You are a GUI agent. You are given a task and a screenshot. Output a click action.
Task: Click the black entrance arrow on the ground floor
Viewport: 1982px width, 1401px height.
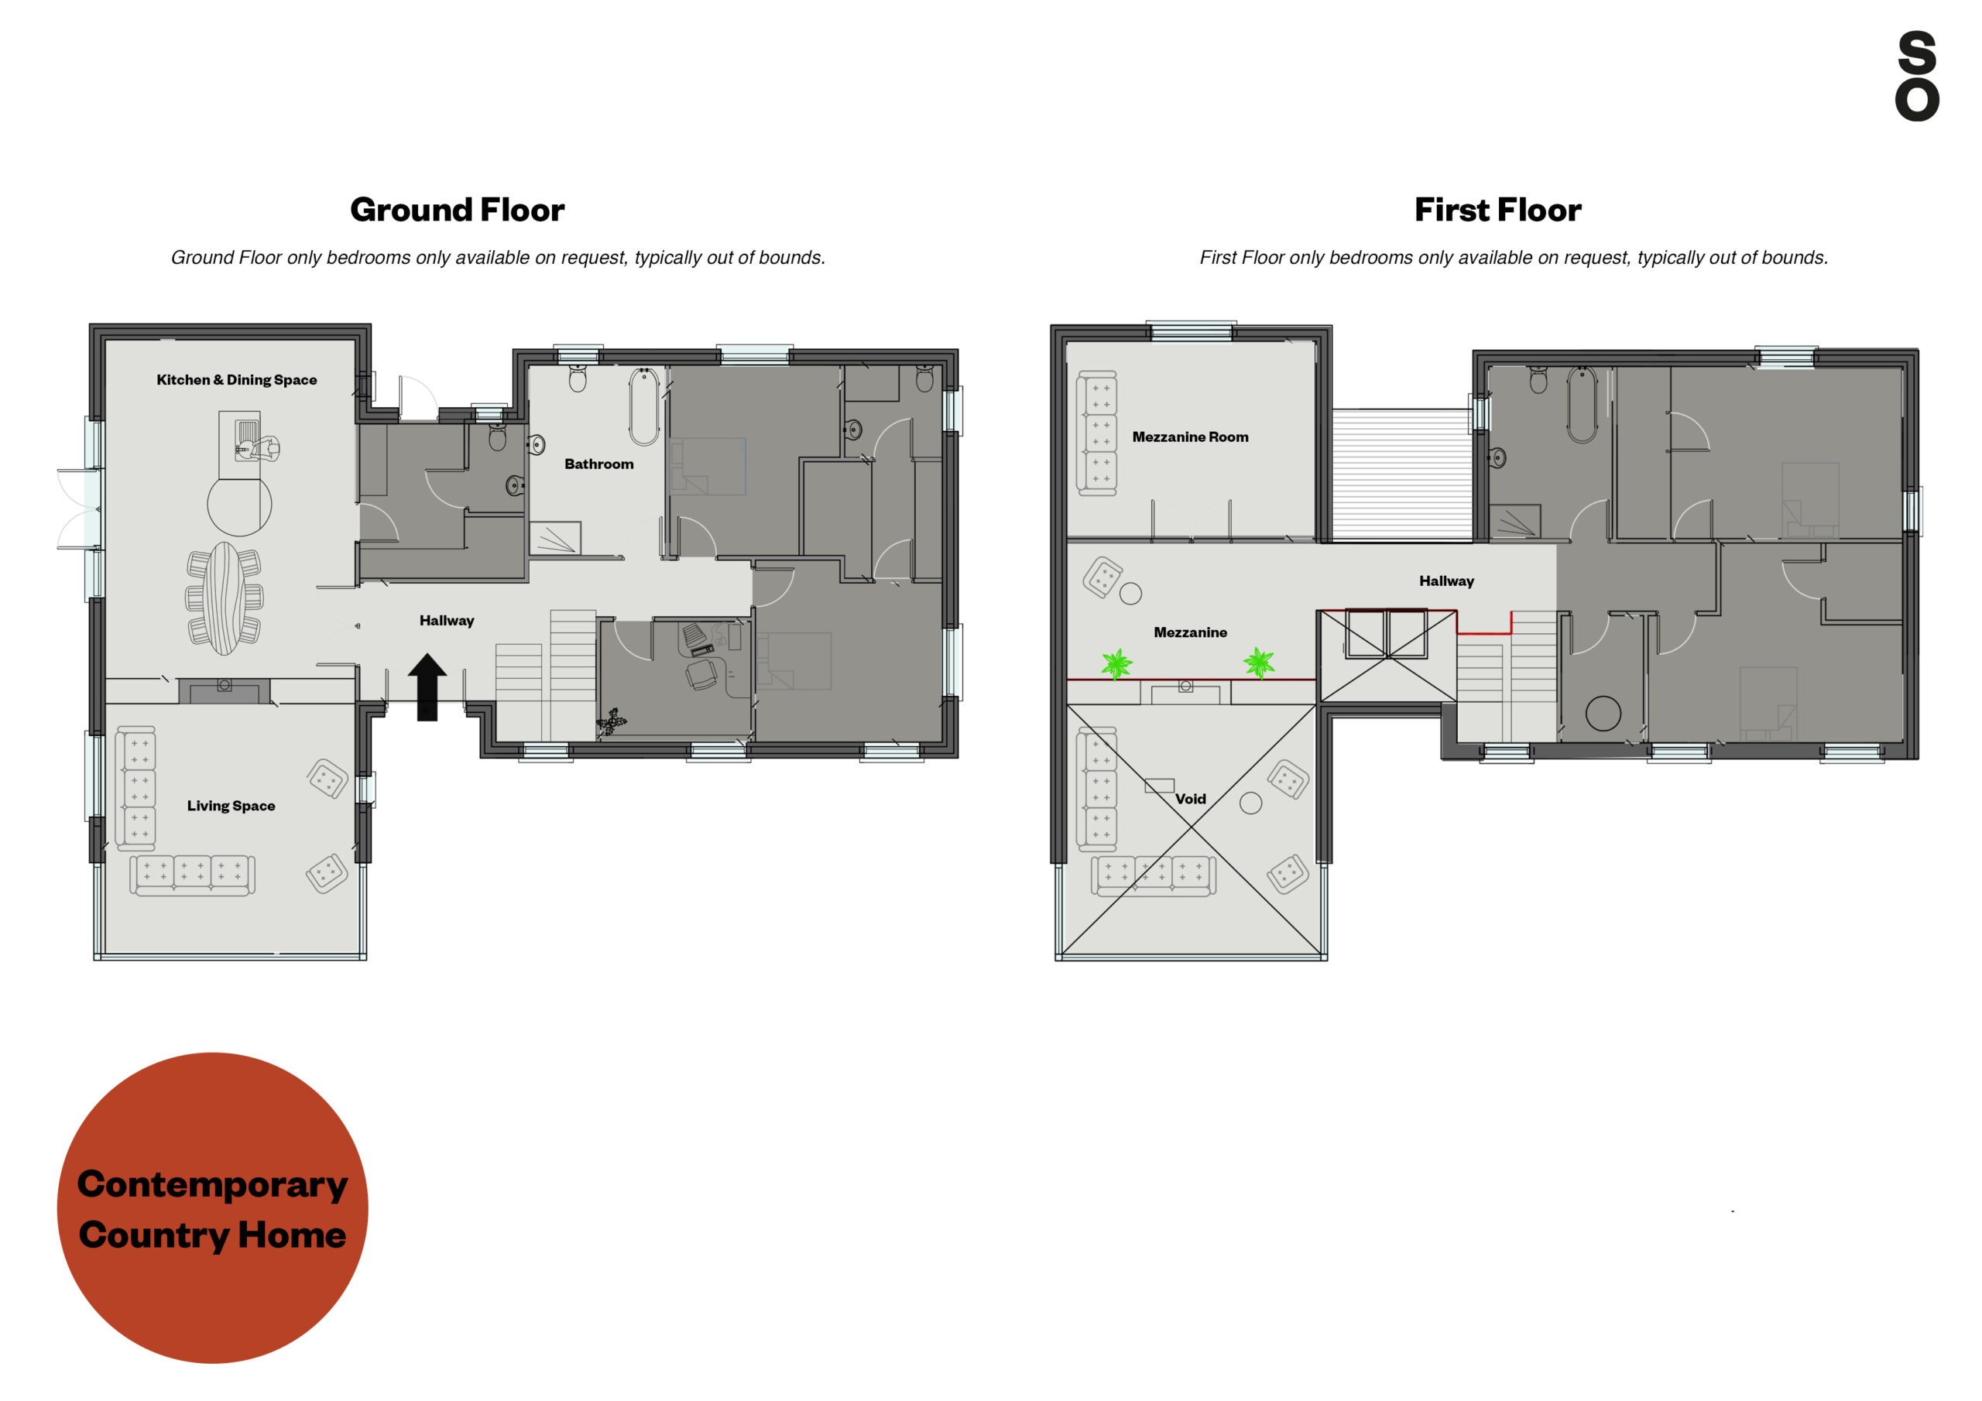[x=427, y=687]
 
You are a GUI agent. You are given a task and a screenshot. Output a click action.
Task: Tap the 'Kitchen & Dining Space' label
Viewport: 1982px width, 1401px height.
[x=237, y=380]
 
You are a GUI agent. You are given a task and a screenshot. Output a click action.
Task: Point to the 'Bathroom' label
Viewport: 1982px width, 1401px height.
[x=599, y=464]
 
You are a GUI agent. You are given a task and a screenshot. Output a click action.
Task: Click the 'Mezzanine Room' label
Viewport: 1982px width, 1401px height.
[x=1191, y=437]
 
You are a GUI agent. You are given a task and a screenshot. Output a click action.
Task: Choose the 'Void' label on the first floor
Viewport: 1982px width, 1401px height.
[x=1191, y=799]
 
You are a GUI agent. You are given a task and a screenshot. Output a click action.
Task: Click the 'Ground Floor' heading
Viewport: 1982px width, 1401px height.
[x=458, y=210]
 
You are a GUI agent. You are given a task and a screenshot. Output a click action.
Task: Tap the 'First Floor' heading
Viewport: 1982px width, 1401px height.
[x=1497, y=210]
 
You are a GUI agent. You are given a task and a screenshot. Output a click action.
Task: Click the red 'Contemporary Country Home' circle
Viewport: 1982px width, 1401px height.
[x=212, y=1207]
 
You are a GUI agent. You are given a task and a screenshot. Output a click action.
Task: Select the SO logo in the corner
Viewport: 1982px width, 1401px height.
[x=1916, y=76]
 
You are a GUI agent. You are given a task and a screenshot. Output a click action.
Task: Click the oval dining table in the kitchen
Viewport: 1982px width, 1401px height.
[x=225, y=598]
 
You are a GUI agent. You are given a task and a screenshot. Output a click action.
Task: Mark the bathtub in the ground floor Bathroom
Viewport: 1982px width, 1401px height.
[x=644, y=406]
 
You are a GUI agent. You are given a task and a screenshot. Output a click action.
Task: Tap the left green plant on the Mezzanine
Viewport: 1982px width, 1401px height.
[x=1117, y=664]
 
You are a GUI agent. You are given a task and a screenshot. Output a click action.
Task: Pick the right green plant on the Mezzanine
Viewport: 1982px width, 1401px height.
[x=1259, y=663]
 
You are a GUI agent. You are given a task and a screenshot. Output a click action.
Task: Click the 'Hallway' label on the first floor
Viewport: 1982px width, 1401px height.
[x=1447, y=581]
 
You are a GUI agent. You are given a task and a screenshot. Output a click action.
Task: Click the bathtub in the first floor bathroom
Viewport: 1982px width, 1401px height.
[x=1583, y=405]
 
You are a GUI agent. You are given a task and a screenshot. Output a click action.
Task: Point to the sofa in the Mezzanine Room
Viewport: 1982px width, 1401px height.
[x=1096, y=433]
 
